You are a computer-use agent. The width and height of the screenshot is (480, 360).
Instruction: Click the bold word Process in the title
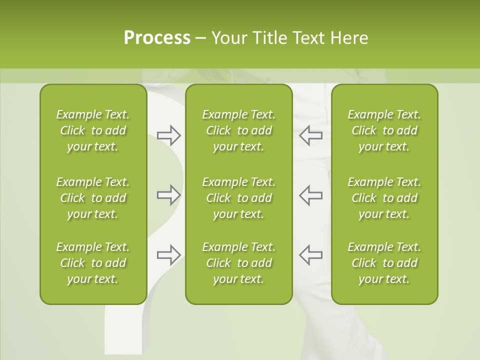[157, 38]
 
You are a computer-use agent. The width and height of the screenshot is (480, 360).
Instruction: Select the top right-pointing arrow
[168, 135]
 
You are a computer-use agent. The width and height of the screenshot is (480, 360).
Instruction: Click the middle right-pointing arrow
[168, 195]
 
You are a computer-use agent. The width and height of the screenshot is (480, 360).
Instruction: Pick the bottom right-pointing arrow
[168, 254]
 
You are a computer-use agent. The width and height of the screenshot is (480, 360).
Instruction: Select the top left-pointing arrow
[311, 135]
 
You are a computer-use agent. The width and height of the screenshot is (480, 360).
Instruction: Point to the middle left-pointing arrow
[311, 195]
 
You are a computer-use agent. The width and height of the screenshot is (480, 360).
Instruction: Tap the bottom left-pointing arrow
[311, 254]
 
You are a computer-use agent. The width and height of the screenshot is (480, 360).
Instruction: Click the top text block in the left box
[93, 130]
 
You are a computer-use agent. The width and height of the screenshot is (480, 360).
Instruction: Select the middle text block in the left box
[93, 198]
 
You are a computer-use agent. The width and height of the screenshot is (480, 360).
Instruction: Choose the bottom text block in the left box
[93, 263]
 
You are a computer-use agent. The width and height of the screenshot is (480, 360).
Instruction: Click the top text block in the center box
[238, 130]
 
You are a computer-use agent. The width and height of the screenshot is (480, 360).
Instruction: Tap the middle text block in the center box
[238, 198]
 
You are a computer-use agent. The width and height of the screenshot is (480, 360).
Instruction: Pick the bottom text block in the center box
[238, 263]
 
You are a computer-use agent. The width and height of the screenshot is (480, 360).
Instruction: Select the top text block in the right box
[384, 130]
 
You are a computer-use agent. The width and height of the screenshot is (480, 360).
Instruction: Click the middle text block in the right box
[384, 198]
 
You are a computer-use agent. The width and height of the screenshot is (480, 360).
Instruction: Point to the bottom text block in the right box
[384, 263]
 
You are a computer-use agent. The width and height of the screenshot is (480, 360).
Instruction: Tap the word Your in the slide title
[228, 38]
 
